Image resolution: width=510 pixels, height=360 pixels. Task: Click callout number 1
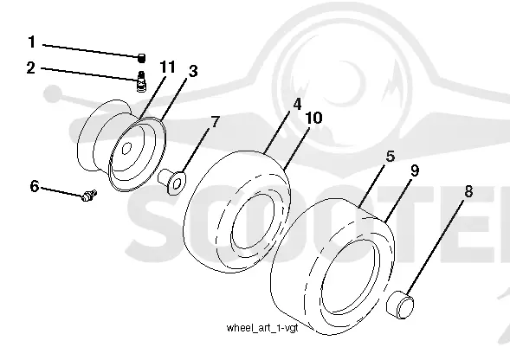[x=31, y=42]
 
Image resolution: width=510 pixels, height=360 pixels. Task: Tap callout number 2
[x=30, y=68]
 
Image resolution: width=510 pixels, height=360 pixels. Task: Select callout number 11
[x=167, y=67]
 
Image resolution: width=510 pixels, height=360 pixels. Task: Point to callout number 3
[x=193, y=71]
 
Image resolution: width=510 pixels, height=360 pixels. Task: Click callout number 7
[x=215, y=122]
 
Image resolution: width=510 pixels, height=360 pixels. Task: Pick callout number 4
[x=297, y=105]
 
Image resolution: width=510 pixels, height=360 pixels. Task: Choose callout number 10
[x=313, y=118]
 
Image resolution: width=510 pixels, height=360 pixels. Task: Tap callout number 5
[x=391, y=156]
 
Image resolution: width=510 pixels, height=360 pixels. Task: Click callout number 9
[x=415, y=170]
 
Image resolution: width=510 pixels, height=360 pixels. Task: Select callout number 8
[x=468, y=191]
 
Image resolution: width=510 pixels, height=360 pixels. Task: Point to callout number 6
[x=34, y=186]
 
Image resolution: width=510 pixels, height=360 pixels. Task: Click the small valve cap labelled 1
[x=141, y=58]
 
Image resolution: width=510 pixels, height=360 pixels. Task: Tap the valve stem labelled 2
[x=141, y=81]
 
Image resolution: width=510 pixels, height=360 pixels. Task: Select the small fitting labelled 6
[x=89, y=195]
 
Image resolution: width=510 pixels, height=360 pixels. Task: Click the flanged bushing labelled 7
[x=171, y=182]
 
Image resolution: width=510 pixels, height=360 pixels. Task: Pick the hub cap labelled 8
[x=400, y=305]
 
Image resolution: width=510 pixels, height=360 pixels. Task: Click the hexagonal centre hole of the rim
[x=126, y=148]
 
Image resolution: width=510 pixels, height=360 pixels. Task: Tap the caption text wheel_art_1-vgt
[x=262, y=327]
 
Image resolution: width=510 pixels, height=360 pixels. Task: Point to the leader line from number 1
[x=91, y=51]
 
